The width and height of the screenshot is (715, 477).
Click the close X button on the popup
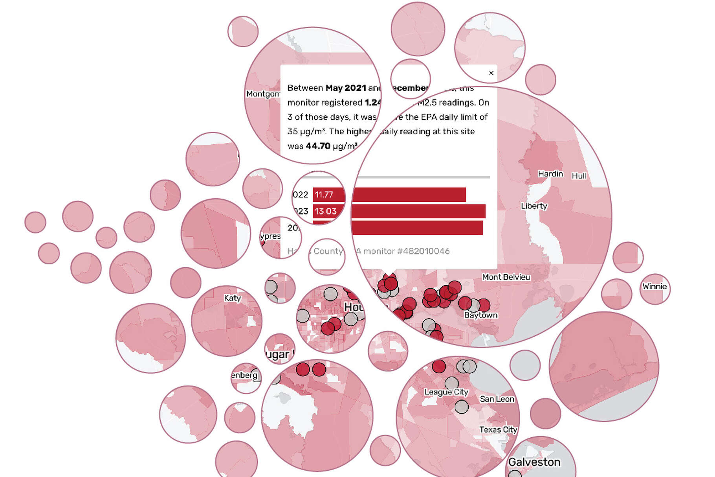pos(491,73)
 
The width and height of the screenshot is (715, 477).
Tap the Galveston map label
pos(534,462)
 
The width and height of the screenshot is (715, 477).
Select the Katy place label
pos(232,298)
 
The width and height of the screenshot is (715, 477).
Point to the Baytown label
pos(480,315)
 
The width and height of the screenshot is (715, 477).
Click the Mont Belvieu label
pos(506,277)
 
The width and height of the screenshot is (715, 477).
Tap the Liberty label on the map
pos(534,206)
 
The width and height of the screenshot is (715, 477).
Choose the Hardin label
pos(550,174)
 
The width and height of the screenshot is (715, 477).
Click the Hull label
pos(579,176)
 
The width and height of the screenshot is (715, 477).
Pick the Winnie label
pos(654,287)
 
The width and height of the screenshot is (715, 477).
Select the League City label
pos(446,392)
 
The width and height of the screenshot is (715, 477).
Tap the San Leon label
pos(497,399)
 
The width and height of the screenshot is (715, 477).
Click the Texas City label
pos(498,430)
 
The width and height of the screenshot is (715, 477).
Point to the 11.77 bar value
pos(324,195)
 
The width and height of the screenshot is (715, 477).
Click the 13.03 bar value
pos(325,212)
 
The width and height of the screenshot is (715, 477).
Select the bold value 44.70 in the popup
pos(318,146)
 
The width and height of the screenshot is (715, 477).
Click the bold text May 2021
pos(346,88)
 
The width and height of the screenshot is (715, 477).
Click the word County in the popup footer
pos(328,251)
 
